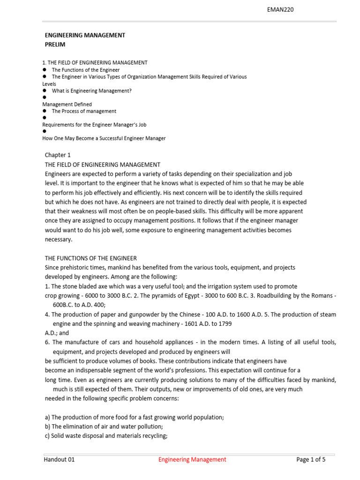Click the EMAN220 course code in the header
(280, 9)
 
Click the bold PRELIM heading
(55, 45)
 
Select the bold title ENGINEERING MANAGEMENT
(85, 35)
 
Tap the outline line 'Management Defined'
(67, 104)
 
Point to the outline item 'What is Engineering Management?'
(92, 90)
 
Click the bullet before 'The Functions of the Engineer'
(45, 69)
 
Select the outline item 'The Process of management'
(84, 111)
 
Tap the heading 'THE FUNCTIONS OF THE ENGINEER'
(91, 258)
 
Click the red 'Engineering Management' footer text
(192, 459)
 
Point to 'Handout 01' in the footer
(59, 459)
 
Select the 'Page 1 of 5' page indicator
(311, 459)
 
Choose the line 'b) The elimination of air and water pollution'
(104, 427)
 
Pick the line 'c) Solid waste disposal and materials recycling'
(106, 436)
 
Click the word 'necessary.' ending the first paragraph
(59, 240)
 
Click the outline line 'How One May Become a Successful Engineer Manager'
(104, 138)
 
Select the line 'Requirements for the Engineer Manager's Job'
(94, 125)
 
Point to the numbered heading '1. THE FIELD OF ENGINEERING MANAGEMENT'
(95, 62)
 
